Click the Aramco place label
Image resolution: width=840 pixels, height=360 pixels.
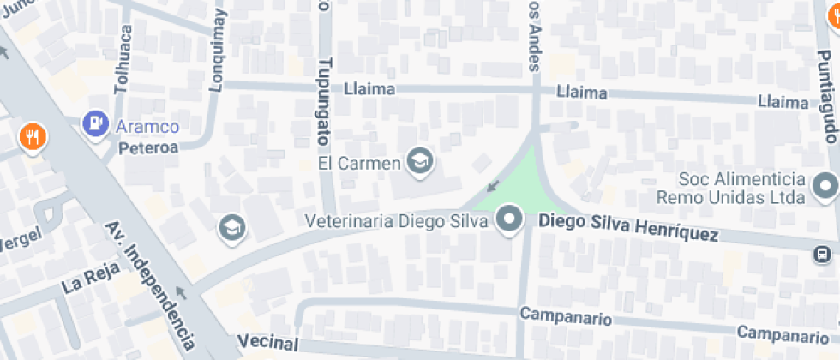click(147, 127)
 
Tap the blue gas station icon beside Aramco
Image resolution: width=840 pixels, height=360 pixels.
click(94, 123)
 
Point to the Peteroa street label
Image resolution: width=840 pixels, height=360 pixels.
click(147, 147)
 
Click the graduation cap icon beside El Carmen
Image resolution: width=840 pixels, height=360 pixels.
click(419, 160)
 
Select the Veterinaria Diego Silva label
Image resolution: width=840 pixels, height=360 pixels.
click(396, 220)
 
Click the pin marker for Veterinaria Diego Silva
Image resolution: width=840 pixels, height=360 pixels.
click(511, 219)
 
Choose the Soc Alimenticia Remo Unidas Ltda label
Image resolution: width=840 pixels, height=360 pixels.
click(731, 188)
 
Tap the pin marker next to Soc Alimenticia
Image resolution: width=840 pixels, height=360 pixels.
click(825, 185)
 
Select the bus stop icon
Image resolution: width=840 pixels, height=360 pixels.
click(823, 255)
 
